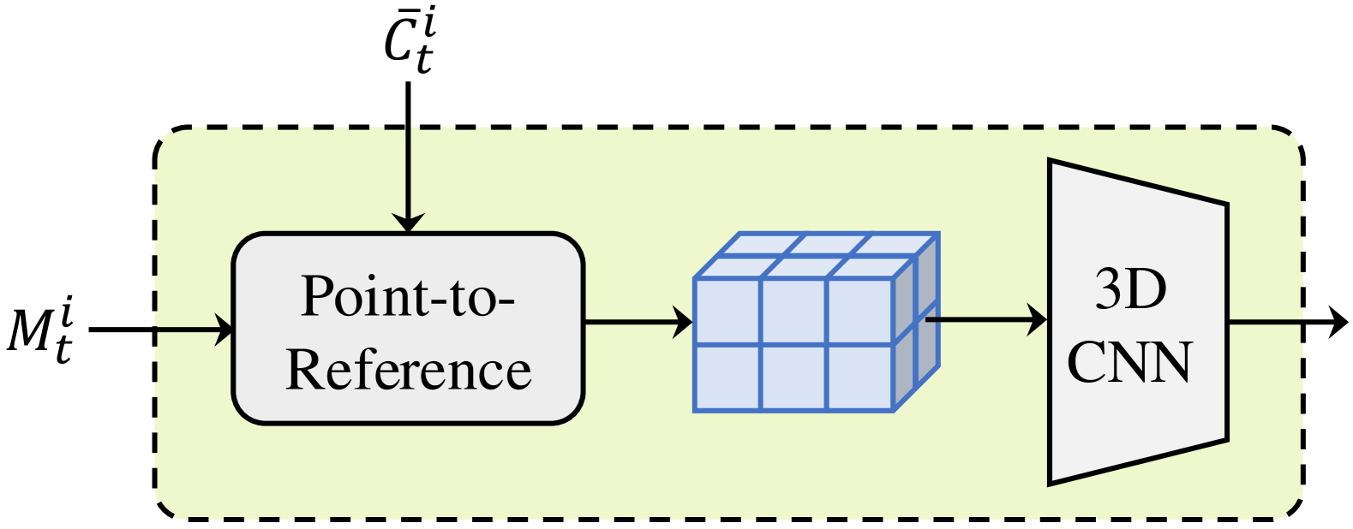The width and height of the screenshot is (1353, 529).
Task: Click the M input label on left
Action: pyautogui.click(x=39, y=330)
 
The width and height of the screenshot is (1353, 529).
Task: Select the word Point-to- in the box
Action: pyautogui.click(x=408, y=296)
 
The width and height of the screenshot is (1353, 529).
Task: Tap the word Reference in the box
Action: pyautogui.click(x=408, y=370)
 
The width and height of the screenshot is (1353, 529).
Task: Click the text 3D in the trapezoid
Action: pyautogui.click(x=1130, y=289)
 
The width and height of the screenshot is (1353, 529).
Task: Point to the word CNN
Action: pyautogui.click(x=1129, y=361)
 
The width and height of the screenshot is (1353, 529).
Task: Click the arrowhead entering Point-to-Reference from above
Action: pyautogui.click(x=408, y=223)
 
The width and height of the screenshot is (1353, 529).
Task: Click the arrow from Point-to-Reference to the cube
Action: pyautogui.click(x=638, y=323)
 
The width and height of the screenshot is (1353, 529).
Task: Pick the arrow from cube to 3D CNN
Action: pyautogui.click(x=985, y=320)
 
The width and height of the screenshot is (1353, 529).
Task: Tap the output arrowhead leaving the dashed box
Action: pyautogui.click(x=1337, y=323)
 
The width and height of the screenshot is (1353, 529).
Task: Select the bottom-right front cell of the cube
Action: pyautogui.click(x=860, y=377)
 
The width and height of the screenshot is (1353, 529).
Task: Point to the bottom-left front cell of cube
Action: pyautogui.click(x=727, y=377)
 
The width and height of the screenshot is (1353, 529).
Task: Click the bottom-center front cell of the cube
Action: pyautogui.click(x=793, y=377)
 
